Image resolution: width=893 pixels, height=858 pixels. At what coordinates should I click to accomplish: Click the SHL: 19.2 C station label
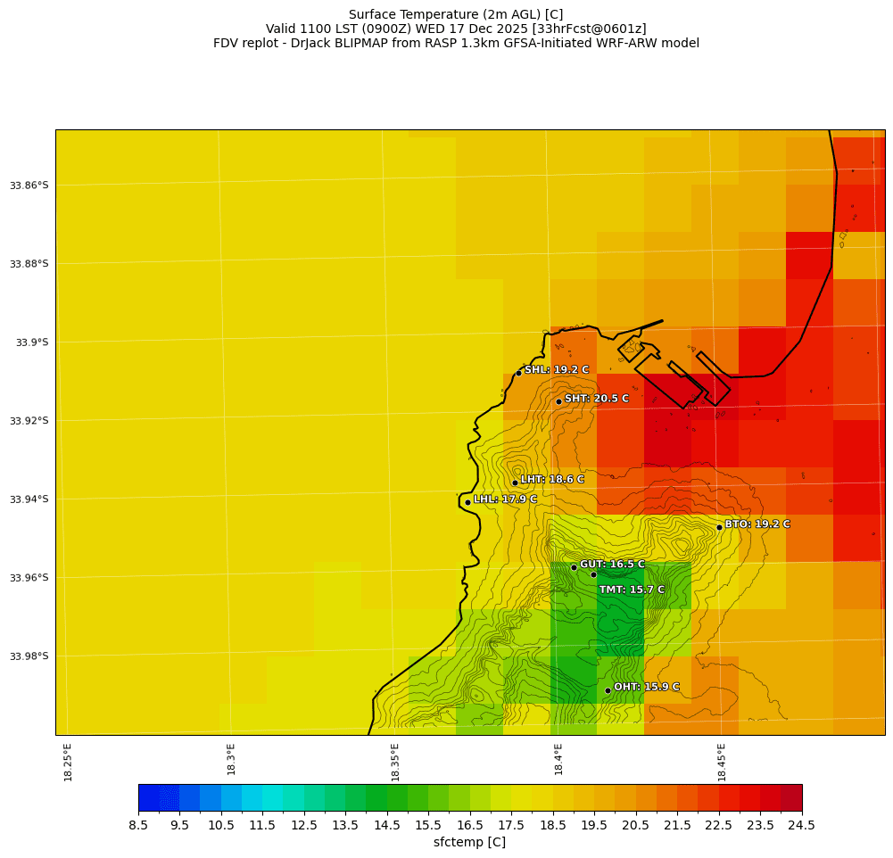(x=557, y=370)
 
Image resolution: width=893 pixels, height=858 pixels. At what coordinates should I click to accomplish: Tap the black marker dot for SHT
(x=559, y=401)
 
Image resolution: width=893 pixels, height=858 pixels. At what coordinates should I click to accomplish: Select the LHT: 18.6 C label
(x=552, y=480)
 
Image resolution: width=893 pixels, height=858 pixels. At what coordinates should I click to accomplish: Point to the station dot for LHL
(x=467, y=502)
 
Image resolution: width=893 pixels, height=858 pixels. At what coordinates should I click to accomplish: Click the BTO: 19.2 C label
(x=757, y=524)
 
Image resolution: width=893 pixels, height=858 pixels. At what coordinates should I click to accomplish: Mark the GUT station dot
(x=574, y=567)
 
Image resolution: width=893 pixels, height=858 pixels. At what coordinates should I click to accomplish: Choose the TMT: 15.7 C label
(x=632, y=590)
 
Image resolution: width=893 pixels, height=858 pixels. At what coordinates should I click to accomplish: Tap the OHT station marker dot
(x=608, y=690)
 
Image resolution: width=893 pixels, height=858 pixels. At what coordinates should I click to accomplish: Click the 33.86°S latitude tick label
(x=29, y=186)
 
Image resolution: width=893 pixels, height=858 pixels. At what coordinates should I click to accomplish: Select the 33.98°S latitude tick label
(x=29, y=656)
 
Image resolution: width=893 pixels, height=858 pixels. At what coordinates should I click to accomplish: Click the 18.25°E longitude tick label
(x=69, y=763)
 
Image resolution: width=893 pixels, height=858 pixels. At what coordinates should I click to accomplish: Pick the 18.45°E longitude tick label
(x=722, y=763)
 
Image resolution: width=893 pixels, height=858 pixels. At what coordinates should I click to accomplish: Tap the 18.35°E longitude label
(x=395, y=763)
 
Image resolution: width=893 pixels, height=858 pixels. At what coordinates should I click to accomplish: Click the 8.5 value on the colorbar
(x=138, y=826)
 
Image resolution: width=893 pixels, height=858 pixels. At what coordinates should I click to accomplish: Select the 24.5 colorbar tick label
(x=802, y=826)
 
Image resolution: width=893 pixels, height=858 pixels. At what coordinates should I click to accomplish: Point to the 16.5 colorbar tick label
(x=470, y=826)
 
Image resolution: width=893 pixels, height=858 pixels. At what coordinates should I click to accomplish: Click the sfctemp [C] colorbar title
(x=469, y=843)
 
